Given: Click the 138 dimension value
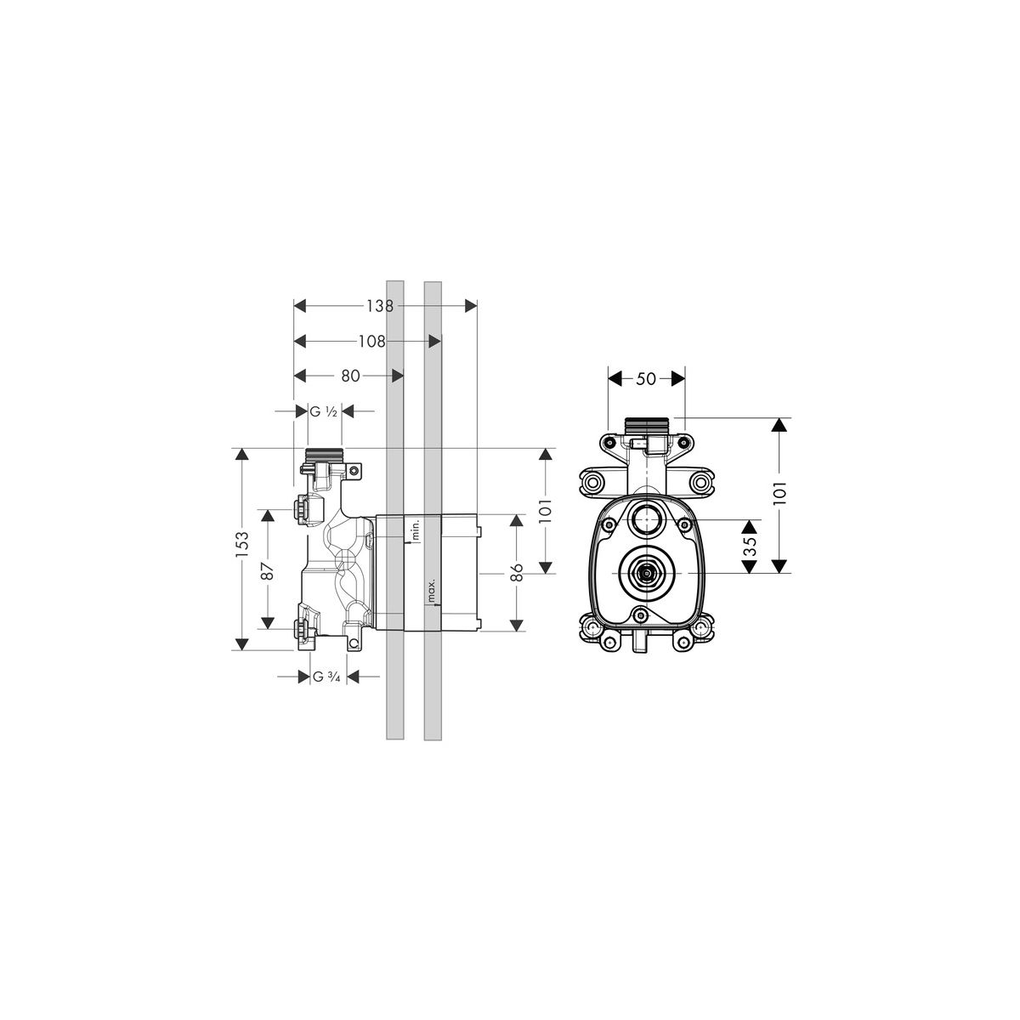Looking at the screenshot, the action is point(380,305).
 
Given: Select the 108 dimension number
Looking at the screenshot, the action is point(371,342).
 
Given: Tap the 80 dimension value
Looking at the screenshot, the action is point(350,376).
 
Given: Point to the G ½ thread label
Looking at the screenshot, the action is point(323,411).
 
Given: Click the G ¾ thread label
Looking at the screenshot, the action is point(326,677).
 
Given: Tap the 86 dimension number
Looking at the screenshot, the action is point(517,572).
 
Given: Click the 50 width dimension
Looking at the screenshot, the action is point(646,378).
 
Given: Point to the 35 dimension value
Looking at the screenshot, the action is point(750,547).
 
